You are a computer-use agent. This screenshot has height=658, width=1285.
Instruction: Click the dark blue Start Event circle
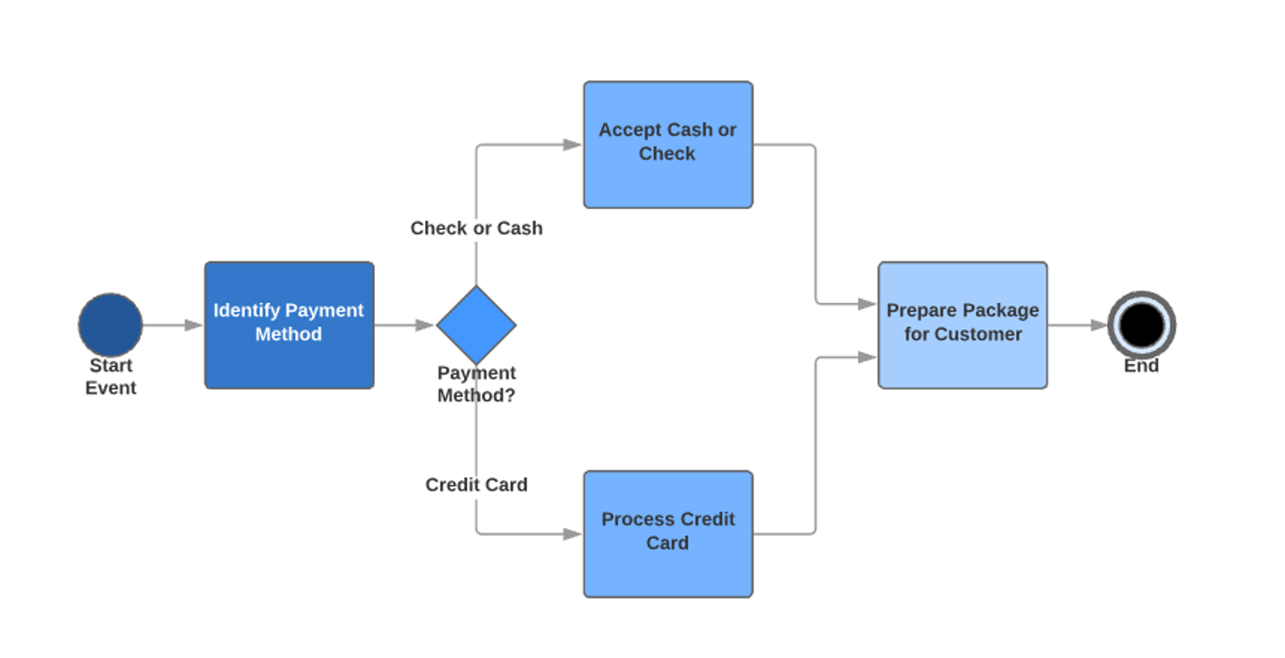click(x=110, y=325)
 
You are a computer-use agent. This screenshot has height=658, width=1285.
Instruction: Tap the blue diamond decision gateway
click(x=476, y=325)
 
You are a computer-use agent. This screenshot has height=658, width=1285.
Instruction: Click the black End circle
click(x=1141, y=325)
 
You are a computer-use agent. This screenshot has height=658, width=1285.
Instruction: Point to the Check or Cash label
click(x=476, y=228)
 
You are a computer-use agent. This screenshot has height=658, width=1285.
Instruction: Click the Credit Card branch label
click(x=476, y=485)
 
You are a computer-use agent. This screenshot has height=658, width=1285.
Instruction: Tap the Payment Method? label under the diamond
click(x=476, y=384)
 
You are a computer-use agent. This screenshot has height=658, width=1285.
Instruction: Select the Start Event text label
click(x=110, y=376)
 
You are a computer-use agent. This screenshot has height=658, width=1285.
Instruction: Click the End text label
click(x=1141, y=366)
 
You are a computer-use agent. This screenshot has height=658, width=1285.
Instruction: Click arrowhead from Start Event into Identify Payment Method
click(x=193, y=325)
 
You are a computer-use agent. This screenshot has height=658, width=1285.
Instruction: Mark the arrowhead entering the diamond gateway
click(x=424, y=325)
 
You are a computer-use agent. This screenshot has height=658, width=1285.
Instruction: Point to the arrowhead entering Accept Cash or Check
click(x=572, y=145)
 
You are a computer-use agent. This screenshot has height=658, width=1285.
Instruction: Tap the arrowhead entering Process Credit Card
click(x=572, y=533)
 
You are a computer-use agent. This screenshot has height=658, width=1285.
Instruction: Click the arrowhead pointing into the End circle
click(x=1099, y=325)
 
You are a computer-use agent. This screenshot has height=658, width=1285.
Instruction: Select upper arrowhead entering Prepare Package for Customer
click(x=867, y=304)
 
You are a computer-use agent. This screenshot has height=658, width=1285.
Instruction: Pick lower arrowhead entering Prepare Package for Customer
click(x=867, y=357)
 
